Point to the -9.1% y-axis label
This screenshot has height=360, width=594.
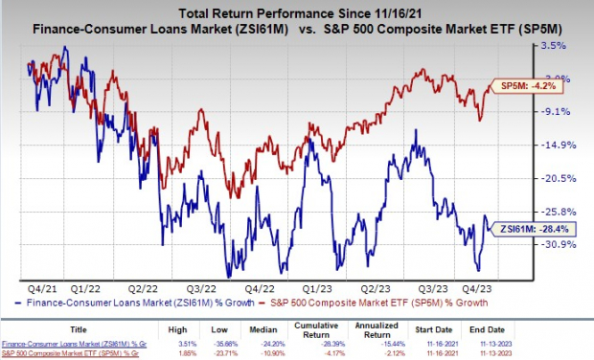(556, 111)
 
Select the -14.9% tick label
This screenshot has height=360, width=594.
(558, 145)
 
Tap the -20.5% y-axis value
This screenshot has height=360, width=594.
(558, 178)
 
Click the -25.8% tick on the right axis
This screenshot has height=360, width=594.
(558, 212)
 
